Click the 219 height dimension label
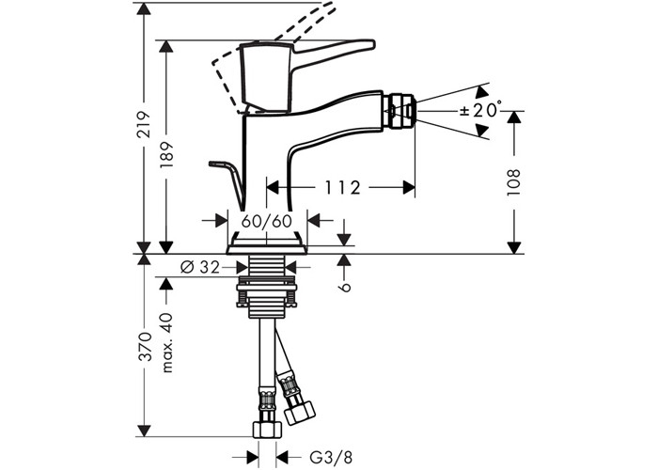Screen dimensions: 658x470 click(144, 125)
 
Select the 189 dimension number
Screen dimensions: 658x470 click(166, 155)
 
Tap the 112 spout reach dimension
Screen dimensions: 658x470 click(343, 188)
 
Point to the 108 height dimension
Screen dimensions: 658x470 click(513, 181)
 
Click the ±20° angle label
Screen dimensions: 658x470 click(481, 110)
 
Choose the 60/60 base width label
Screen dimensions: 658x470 click(266, 221)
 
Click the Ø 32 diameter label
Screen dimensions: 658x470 click(200, 267)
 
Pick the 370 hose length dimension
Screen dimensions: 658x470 click(145, 347)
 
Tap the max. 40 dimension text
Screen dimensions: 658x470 click(167, 342)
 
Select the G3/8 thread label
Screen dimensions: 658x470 click(331, 457)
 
